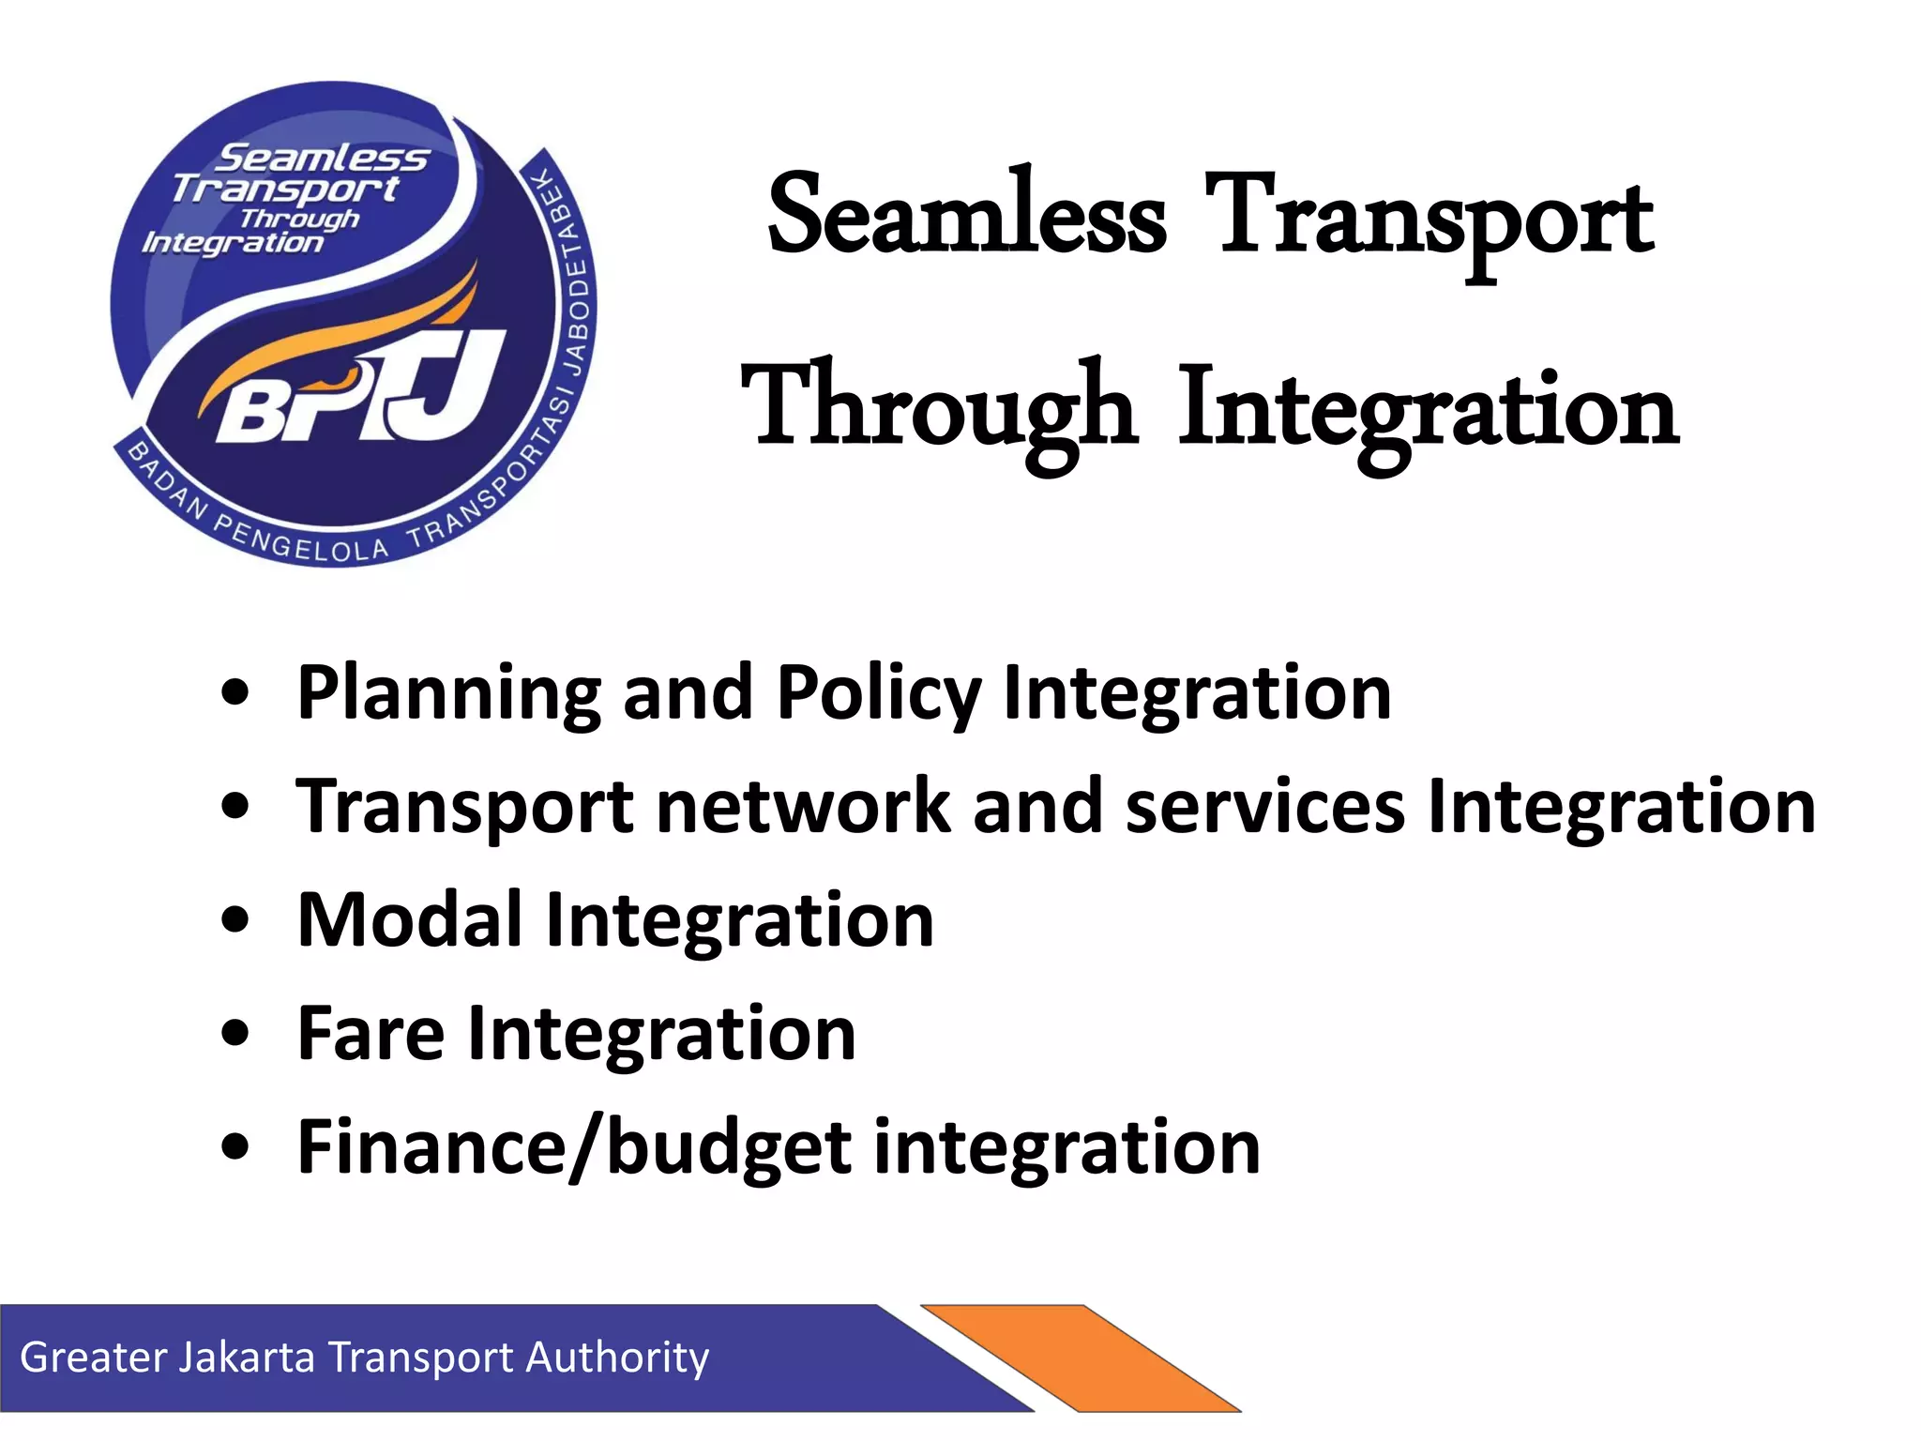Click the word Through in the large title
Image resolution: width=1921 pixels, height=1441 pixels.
pyautogui.click(x=939, y=408)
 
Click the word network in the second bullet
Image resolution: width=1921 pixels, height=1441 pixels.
pyautogui.click(x=803, y=807)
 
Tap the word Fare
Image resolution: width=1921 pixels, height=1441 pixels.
pyautogui.click(x=371, y=1033)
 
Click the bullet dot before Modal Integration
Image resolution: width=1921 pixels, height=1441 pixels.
pyautogui.click(x=235, y=921)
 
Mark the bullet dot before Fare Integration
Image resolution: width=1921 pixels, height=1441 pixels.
pyautogui.click(x=235, y=1035)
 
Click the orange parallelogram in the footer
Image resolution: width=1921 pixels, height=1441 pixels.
pyautogui.click(x=1079, y=1357)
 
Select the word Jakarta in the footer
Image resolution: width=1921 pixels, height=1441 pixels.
pyautogui.click(x=246, y=1358)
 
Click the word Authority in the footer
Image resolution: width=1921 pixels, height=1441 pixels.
pyautogui.click(x=616, y=1358)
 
